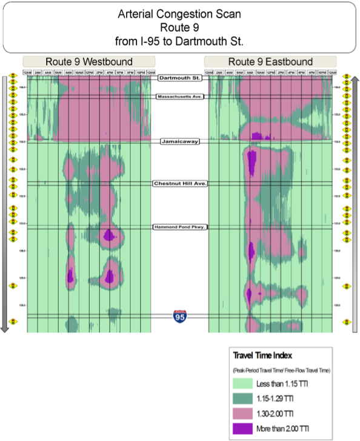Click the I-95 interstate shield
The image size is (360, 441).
point(179,315)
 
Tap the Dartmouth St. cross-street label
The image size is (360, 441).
point(179,78)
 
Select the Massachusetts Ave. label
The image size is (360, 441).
point(179,96)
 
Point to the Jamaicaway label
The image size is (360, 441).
point(179,141)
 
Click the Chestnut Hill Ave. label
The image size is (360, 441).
point(179,183)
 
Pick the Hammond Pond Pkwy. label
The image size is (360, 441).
point(179,227)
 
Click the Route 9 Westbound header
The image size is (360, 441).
point(89,62)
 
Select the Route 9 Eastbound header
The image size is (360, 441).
point(270,62)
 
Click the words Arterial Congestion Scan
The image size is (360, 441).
point(179,15)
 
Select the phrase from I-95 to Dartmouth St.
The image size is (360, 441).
point(179,41)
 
